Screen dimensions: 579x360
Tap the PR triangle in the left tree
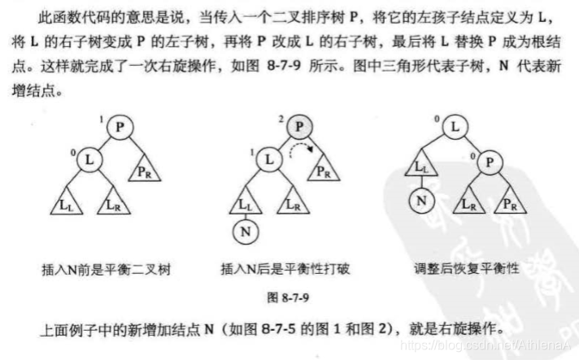[143, 171]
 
